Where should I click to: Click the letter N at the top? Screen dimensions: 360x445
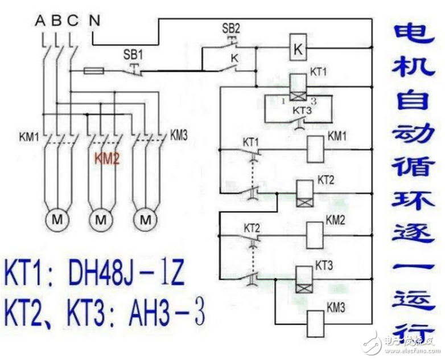93,21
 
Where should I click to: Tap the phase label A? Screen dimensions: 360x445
40,21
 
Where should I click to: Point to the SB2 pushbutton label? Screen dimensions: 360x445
230,28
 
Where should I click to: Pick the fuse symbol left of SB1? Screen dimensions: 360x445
93,72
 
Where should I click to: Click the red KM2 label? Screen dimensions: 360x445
107,159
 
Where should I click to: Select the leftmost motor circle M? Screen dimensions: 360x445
57,219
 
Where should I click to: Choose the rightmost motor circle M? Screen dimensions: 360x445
146,219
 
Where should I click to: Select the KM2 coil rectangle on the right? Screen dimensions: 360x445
315,232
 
